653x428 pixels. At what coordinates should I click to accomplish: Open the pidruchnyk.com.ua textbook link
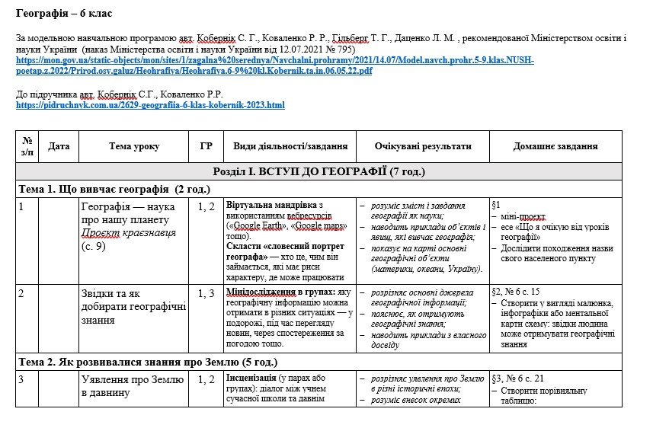150,104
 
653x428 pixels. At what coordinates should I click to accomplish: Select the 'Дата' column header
59,146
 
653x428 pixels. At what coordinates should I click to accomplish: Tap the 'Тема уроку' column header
134,146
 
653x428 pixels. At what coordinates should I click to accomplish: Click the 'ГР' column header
206,146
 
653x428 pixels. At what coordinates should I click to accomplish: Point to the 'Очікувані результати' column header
423,146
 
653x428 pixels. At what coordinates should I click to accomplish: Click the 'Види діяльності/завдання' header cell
290,146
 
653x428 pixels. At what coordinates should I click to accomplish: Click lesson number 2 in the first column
22,292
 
